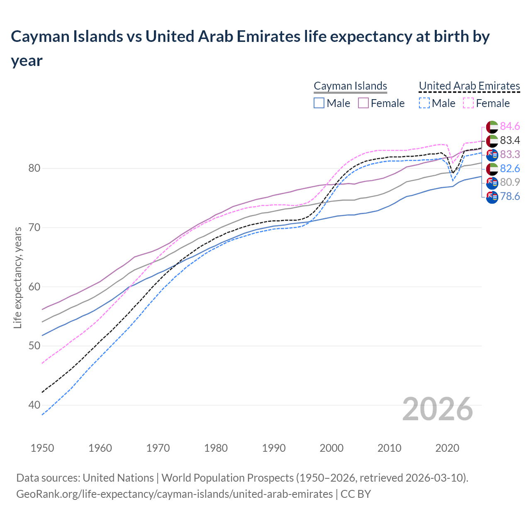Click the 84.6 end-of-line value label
(x=510, y=126)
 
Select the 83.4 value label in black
(x=510, y=140)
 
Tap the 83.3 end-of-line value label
(x=510, y=154)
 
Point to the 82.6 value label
(x=510, y=168)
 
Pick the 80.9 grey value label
(x=510, y=182)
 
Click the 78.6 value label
(x=510, y=196)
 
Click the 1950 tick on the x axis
(x=42, y=448)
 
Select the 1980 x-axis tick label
(x=216, y=448)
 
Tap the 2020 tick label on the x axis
(x=447, y=448)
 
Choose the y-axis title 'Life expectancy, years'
(x=17, y=278)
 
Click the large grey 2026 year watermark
(x=437, y=409)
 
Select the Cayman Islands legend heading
(x=350, y=86)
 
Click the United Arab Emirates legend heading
(x=469, y=86)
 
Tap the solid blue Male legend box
(x=319, y=103)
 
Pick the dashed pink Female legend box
(x=468, y=103)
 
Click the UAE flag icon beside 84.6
(x=492, y=127)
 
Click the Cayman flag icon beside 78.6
(x=492, y=197)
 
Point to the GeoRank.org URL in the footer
(x=174, y=494)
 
